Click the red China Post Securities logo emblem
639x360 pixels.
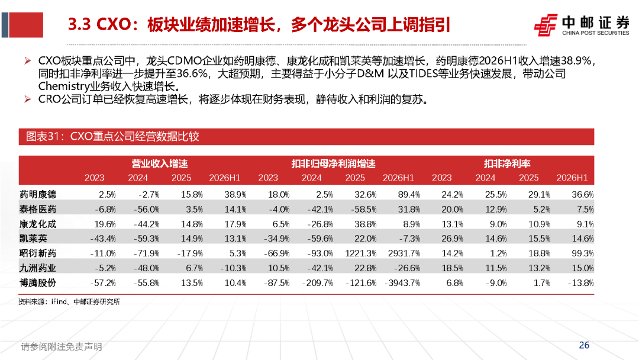546,25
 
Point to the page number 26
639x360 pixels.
584,345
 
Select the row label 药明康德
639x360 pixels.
38,194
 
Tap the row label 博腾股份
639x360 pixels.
38,282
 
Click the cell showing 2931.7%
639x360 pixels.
404,253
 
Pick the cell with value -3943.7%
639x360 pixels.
402,282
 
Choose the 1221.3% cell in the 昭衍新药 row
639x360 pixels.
360,253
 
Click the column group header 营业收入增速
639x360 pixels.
159,164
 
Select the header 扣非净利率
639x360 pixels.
507,164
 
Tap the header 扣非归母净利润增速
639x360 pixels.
333,164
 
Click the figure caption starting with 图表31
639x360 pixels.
112,136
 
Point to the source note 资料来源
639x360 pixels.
69,302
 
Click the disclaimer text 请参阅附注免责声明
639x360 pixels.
62,346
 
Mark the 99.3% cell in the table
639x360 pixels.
582,253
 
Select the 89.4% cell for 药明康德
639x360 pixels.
409,194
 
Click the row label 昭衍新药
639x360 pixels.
38,253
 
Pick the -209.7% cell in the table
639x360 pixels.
318,282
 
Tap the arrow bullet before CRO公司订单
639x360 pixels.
28,99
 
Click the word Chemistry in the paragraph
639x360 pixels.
63,86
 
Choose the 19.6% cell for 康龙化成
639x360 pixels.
105,224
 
